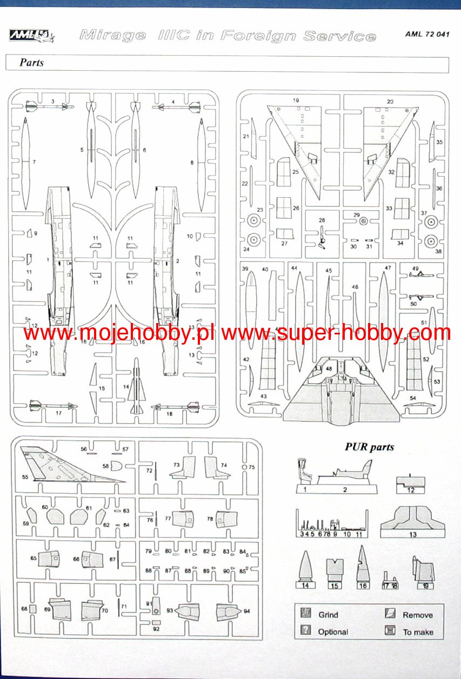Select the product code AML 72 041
[x=427, y=34]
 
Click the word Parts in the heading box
[x=31, y=63]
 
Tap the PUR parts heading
[x=369, y=447]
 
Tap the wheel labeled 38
[x=431, y=240]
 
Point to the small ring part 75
[x=244, y=467]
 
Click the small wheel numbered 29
[x=363, y=220]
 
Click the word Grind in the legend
[x=328, y=615]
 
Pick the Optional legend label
[x=333, y=631]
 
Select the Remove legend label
[x=417, y=615]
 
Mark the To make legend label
[x=418, y=631]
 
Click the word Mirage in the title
[x=112, y=36]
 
